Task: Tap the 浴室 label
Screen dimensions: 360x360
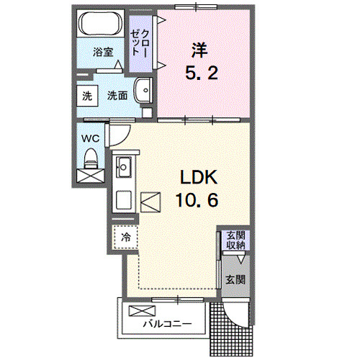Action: coord(104,52)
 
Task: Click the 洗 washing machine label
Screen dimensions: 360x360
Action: coord(86,95)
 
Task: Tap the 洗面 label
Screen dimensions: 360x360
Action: coord(117,95)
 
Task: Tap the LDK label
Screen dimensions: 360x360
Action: coord(193,178)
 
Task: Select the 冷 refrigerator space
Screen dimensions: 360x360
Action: coord(125,236)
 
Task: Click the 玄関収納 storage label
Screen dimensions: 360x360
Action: coord(235,240)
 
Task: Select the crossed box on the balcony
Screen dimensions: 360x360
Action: coord(137,312)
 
